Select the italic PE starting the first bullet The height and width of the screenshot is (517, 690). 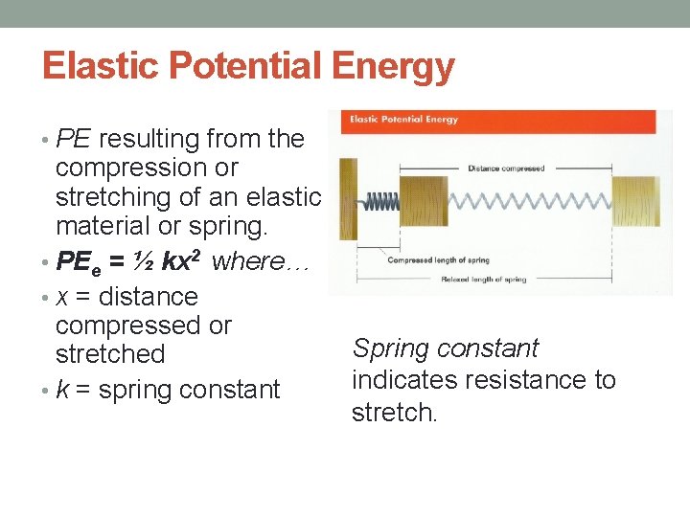point(73,140)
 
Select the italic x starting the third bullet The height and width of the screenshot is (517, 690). point(61,298)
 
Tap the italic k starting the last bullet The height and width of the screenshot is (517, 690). point(61,391)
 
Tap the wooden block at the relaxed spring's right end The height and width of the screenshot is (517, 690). point(635,202)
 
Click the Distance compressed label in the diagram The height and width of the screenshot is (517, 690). point(506,169)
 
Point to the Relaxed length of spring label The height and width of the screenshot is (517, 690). point(483,280)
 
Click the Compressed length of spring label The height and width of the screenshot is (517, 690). point(438,260)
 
